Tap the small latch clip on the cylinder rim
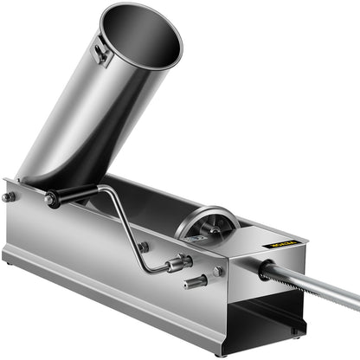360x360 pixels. click(102, 55)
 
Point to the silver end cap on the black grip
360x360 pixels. click(51, 201)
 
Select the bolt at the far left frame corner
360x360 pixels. click(9, 197)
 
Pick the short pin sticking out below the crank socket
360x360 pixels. click(196, 281)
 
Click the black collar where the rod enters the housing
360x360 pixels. click(265, 271)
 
